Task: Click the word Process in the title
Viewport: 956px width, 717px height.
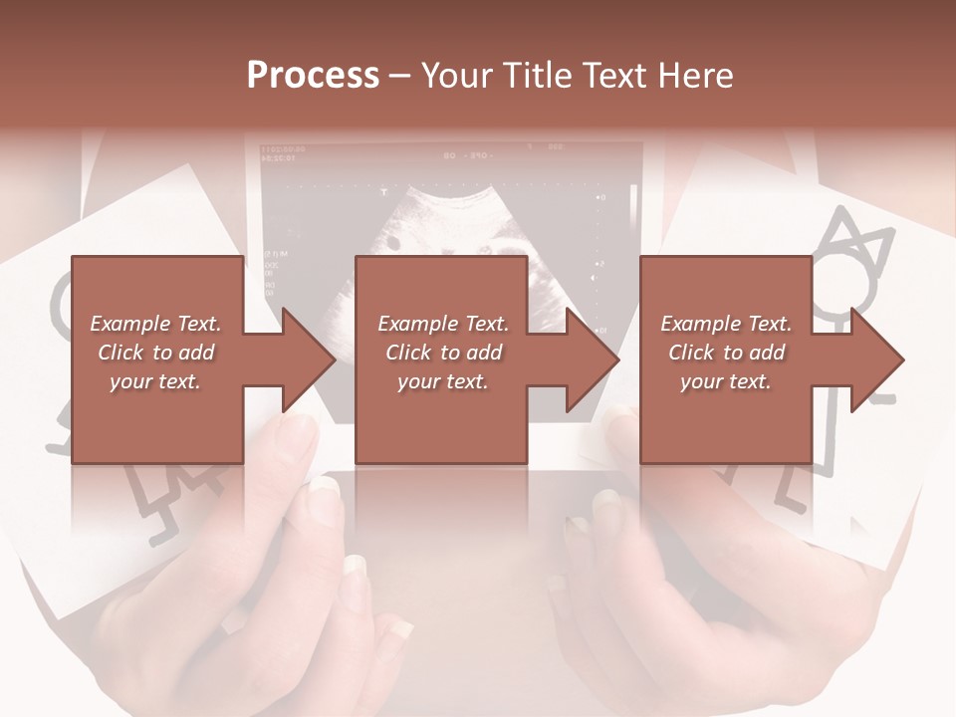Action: pos(313,76)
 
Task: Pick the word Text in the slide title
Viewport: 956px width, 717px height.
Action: pos(618,76)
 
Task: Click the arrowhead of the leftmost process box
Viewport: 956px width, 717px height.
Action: pos(307,359)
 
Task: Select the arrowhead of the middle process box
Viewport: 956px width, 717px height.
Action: pos(592,359)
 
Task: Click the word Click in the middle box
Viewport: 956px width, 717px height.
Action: pos(407,353)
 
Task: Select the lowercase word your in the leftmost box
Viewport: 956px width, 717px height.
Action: pos(130,381)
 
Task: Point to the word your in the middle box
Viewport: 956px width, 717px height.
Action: pos(418,381)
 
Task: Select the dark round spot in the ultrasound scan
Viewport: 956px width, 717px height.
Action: pos(394,242)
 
